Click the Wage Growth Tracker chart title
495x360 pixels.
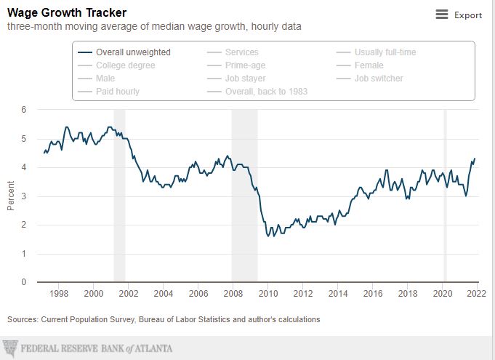67,12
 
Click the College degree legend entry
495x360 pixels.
125,65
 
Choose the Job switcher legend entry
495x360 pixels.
378,79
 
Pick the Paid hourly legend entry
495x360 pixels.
117,92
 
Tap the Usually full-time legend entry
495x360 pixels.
385,52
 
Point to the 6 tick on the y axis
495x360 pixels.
24,110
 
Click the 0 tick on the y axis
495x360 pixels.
24,282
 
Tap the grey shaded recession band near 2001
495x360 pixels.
119,195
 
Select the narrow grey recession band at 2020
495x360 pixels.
445,195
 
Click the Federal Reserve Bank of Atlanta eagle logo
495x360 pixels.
10,348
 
